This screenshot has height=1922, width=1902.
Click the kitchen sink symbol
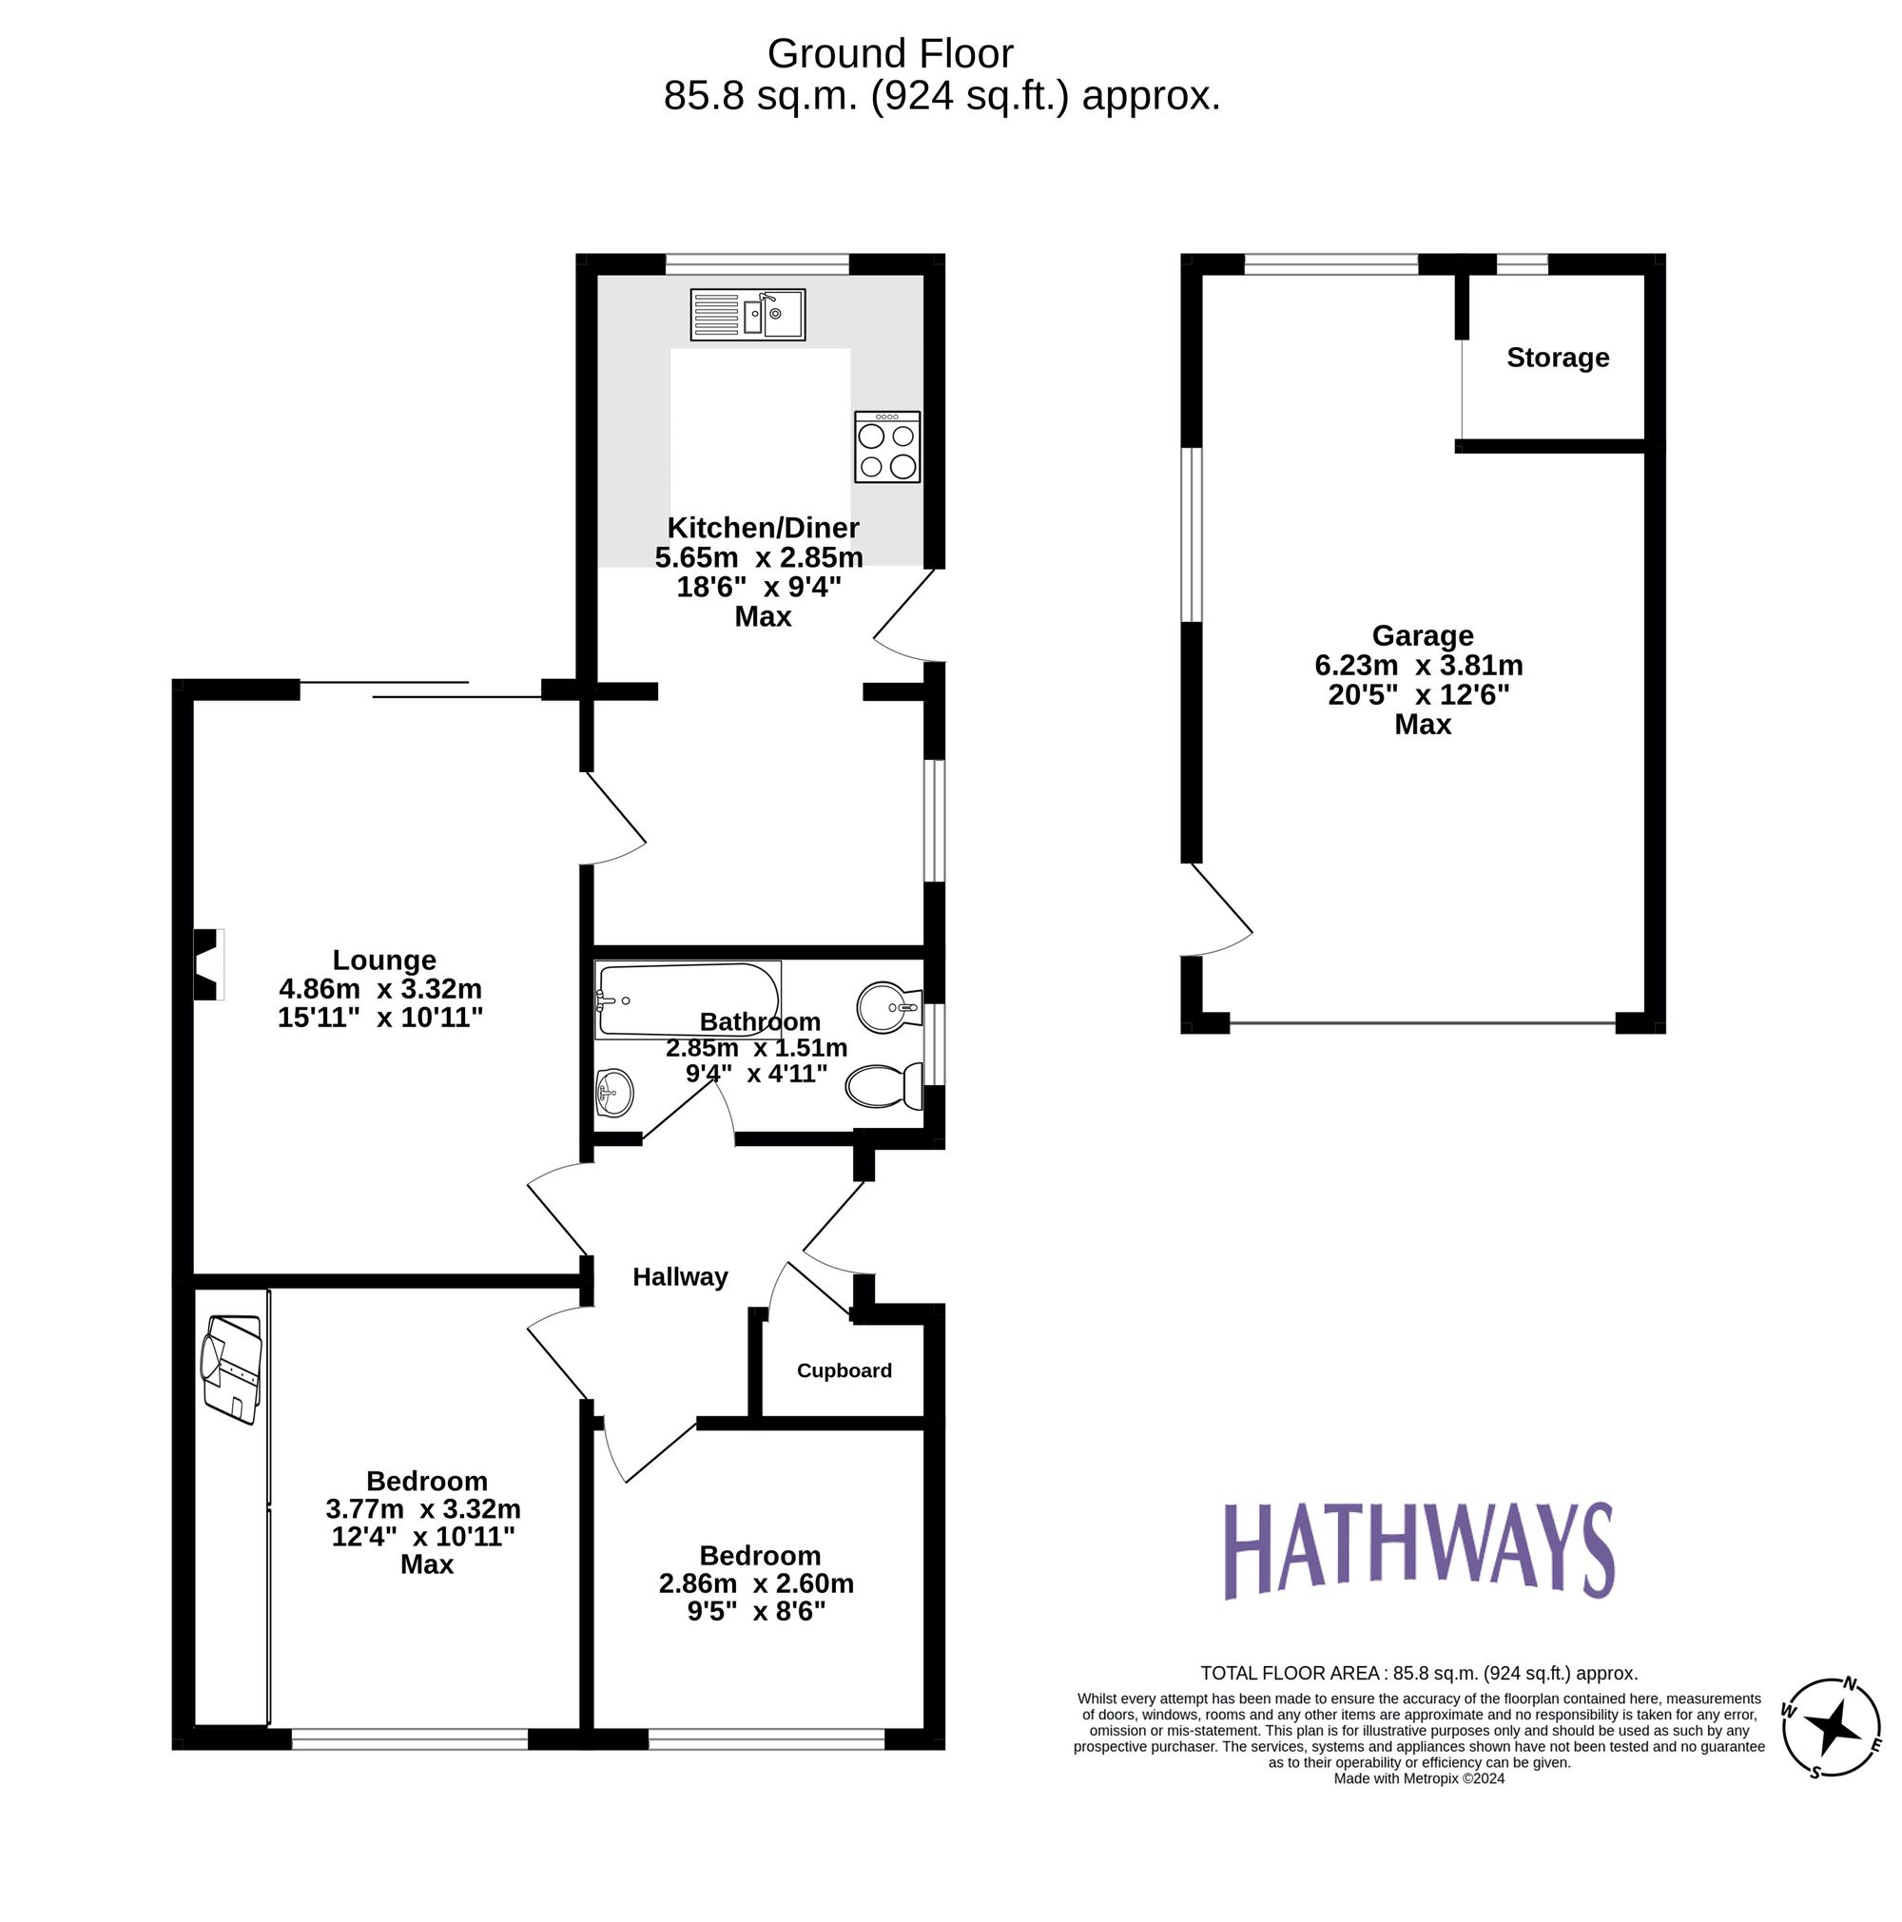coord(747,315)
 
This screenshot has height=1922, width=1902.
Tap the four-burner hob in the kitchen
coord(886,448)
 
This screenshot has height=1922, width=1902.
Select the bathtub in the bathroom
coord(688,999)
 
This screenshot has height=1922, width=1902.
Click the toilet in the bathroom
coord(883,1085)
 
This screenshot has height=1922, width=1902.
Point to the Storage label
coord(1557,358)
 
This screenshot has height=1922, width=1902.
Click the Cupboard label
coord(844,1370)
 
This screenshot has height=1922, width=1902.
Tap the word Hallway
coord(680,1276)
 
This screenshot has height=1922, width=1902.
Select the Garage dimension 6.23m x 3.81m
coord(1418,665)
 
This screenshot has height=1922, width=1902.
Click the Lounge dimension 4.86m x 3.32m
coord(380,989)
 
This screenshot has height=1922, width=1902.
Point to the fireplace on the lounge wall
coord(207,964)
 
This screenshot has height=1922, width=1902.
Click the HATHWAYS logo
coord(1417,1551)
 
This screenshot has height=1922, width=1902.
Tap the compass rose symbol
coord(1832,1727)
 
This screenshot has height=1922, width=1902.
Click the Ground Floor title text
coord(889,53)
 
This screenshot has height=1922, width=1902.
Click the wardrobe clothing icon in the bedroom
coord(232,1368)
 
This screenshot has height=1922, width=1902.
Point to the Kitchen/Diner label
coord(762,527)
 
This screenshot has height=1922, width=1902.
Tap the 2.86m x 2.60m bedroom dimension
coord(756,1582)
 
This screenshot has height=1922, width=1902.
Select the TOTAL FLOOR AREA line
coord(1418,1672)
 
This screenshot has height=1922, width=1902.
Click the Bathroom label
coord(759,1021)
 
